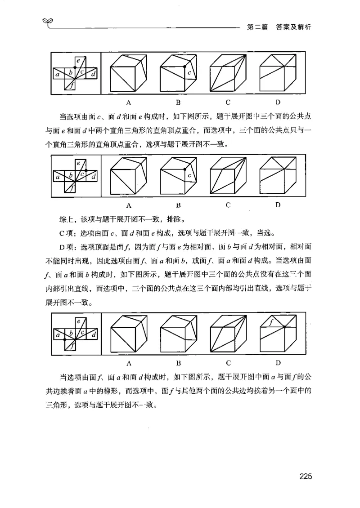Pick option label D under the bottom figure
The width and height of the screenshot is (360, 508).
coord(278,362)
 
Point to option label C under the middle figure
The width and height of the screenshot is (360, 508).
coord(229,205)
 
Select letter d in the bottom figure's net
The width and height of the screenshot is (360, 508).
coord(93,334)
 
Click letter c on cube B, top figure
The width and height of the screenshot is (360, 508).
coord(189,72)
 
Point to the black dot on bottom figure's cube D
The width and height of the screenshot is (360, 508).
coord(284,327)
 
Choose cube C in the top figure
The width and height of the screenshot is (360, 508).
coord(229,73)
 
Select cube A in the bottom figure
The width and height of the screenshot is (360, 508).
coord(129,334)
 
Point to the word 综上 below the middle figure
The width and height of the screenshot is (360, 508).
coord(66,220)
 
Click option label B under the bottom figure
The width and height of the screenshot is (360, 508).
coord(179,362)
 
